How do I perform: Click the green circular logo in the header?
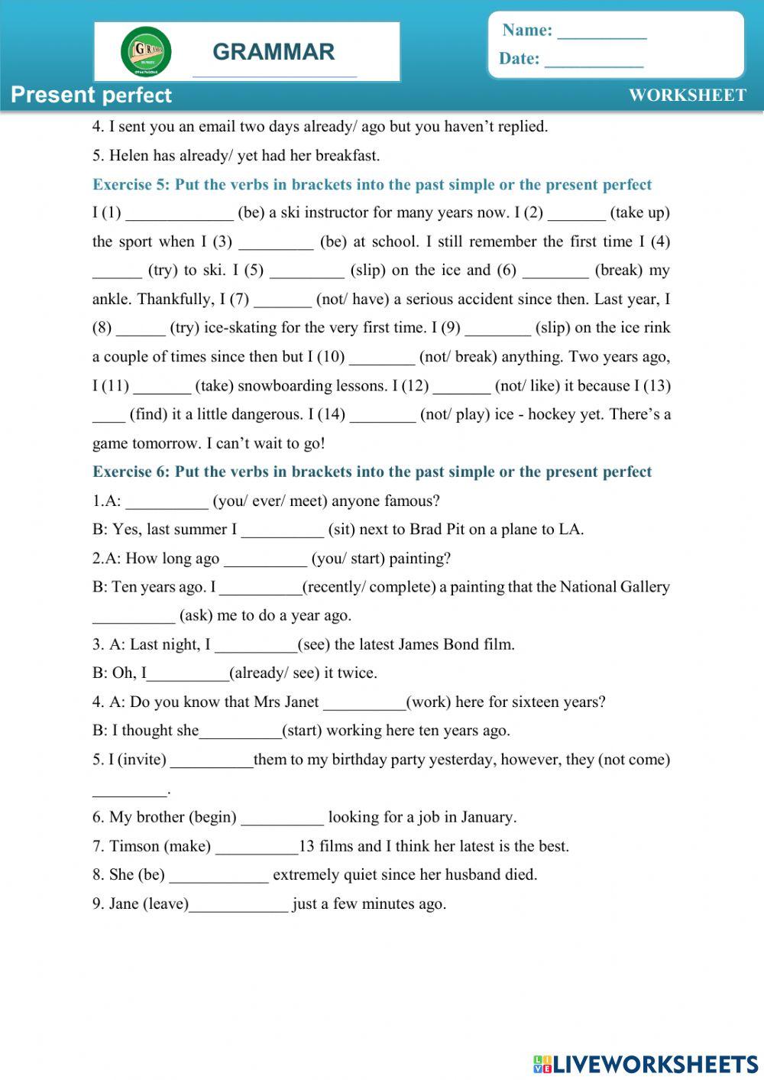146,52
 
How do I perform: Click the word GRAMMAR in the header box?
274,52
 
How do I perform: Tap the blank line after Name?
602,32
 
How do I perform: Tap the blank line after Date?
594,60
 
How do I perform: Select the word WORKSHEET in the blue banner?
687,95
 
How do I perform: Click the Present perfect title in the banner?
92,95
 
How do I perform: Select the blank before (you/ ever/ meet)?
167,502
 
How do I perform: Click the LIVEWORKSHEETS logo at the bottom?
646,1063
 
